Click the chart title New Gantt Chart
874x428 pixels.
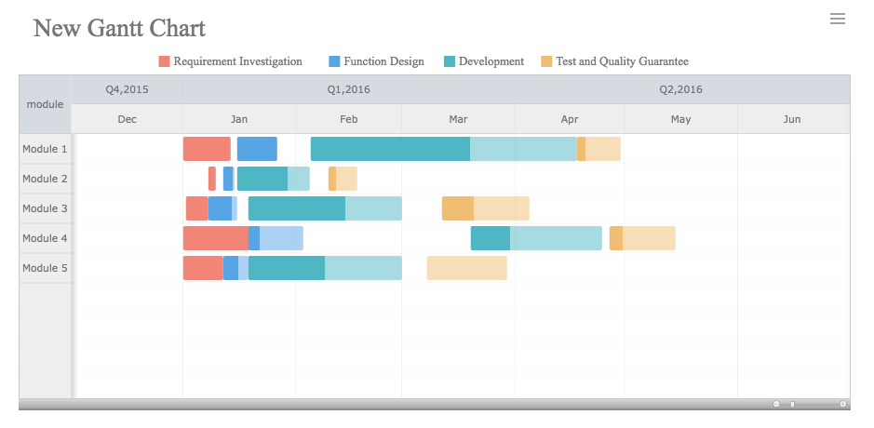click(119, 29)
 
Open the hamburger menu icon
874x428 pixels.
click(837, 19)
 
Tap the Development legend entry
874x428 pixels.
click(484, 61)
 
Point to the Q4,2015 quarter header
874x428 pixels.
click(127, 89)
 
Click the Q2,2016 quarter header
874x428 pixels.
click(680, 89)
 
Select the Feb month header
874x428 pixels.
click(348, 119)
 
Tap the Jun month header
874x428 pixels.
click(792, 119)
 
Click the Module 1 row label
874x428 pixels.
click(45, 149)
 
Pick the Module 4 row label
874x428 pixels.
click(45, 238)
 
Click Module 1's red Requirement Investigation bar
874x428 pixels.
click(207, 149)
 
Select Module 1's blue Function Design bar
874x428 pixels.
click(257, 149)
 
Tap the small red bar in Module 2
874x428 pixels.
click(212, 179)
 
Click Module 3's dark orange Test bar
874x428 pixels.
click(458, 208)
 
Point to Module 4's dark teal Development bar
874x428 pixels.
click(491, 238)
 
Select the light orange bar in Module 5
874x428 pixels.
click(466, 268)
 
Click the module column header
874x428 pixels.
click(45, 104)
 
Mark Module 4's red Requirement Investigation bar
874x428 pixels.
click(216, 238)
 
